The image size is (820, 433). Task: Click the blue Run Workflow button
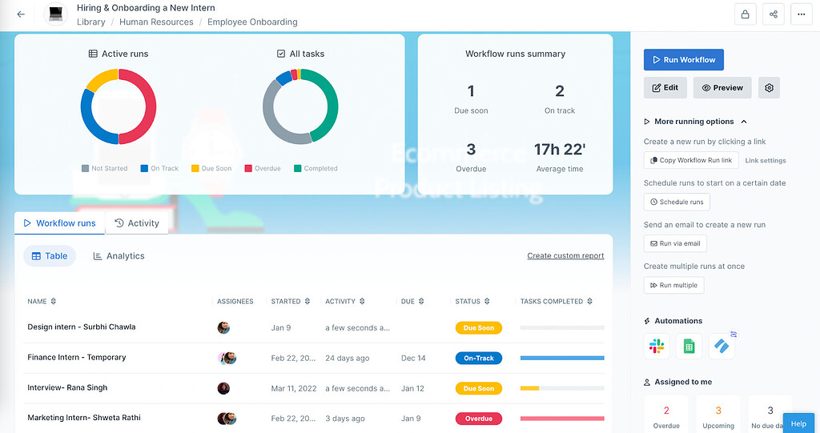pyautogui.click(x=684, y=60)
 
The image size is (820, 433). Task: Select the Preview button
pyautogui.click(x=722, y=88)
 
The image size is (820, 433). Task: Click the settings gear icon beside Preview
pyautogui.click(x=770, y=88)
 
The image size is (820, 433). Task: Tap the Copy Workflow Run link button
pyautogui.click(x=690, y=160)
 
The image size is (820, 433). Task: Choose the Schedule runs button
pyautogui.click(x=677, y=202)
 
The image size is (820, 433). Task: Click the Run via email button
pyautogui.click(x=675, y=243)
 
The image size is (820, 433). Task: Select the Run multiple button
pyautogui.click(x=673, y=285)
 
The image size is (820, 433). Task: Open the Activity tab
pyautogui.click(x=137, y=223)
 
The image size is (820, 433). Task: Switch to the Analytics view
pyautogui.click(x=119, y=256)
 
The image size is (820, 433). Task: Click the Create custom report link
pyautogui.click(x=565, y=256)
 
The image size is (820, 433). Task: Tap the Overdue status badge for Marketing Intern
pyautogui.click(x=479, y=419)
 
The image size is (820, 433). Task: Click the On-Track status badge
pyautogui.click(x=479, y=359)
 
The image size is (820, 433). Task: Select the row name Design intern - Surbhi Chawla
pyautogui.click(x=82, y=327)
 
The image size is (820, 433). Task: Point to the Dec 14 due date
pyautogui.click(x=413, y=359)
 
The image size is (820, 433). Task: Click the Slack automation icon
pyautogui.click(x=657, y=347)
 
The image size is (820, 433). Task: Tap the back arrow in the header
pyautogui.click(x=21, y=14)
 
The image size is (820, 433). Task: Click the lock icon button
pyautogui.click(x=746, y=14)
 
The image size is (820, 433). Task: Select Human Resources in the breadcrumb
pyautogui.click(x=156, y=22)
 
